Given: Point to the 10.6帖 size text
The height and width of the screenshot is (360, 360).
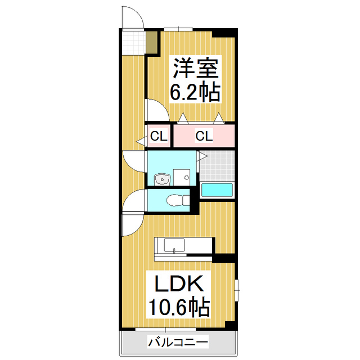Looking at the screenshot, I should [x=179, y=307].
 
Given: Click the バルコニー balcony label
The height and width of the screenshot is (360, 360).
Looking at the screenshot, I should [x=178, y=341].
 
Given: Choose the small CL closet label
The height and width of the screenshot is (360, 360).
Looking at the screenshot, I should [x=158, y=136].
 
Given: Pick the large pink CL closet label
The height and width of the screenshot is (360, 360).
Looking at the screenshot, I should [x=204, y=136].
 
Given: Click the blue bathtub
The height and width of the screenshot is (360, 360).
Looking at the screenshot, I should [x=217, y=190].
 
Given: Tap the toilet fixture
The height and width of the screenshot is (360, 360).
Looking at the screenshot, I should [x=175, y=199].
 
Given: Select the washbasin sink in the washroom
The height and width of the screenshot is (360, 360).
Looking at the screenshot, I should [x=162, y=179].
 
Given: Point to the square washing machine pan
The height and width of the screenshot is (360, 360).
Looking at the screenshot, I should [x=181, y=176].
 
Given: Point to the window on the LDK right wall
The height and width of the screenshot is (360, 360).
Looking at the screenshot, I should [x=237, y=287].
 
